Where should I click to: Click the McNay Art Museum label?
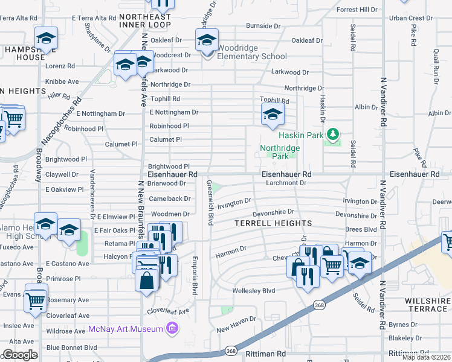(x=126, y=329)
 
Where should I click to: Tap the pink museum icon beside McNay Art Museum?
(x=172, y=329)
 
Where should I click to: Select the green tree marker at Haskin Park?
(x=331, y=134)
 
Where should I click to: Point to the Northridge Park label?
(x=279, y=152)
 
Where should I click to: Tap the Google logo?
(x=20, y=355)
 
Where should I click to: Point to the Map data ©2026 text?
(x=427, y=357)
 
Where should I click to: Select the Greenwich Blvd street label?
(x=210, y=203)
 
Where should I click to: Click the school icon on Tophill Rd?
(x=273, y=113)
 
